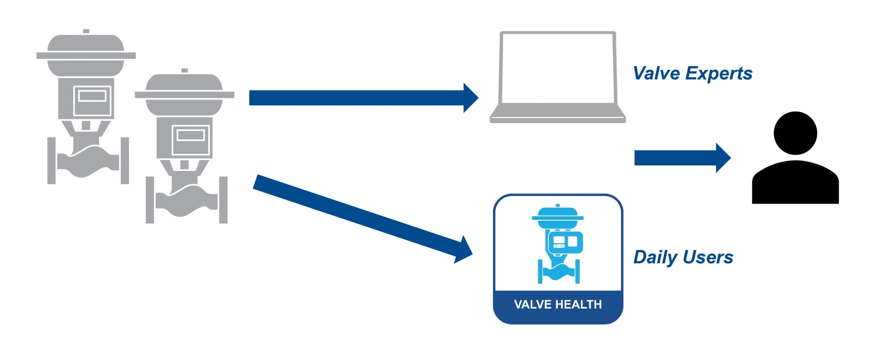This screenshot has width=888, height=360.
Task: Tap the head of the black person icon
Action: coord(795,133)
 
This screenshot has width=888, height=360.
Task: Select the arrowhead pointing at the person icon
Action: coord(721,158)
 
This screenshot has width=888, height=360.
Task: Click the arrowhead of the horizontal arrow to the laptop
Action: coord(470,98)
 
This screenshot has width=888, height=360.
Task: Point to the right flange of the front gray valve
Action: coord(223,199)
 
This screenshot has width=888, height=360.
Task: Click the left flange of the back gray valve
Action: coord(51,161)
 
